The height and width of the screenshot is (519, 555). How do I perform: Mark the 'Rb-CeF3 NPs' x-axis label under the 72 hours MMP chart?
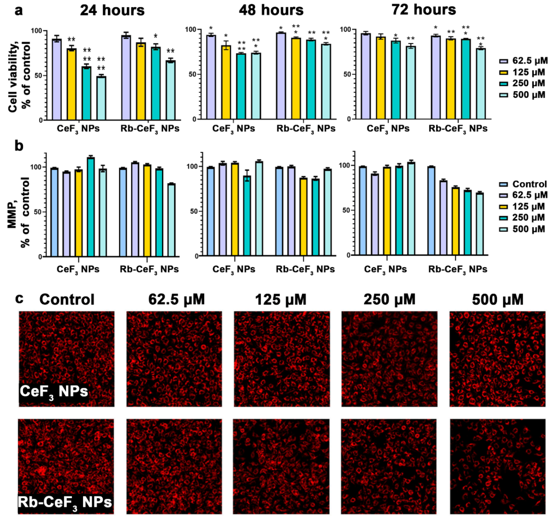458,269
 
